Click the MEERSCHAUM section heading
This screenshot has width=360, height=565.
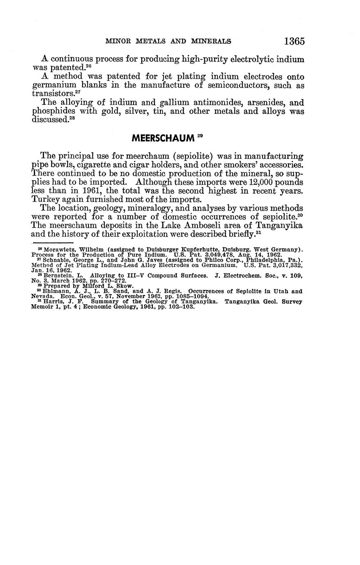click(x=163, y=138)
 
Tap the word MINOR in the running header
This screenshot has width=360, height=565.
click(x=118, y=41)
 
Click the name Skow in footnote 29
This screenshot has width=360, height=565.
click(x=124, y=286)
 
